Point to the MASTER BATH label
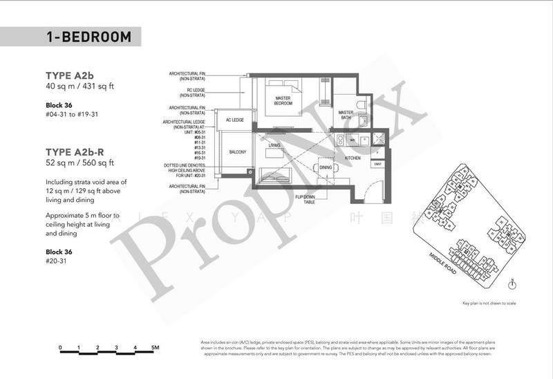346,115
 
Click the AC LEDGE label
235,120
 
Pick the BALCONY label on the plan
237,151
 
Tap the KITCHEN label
353,158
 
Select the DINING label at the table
326,167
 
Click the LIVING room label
274,145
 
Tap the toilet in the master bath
354,102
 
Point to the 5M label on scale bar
156,347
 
